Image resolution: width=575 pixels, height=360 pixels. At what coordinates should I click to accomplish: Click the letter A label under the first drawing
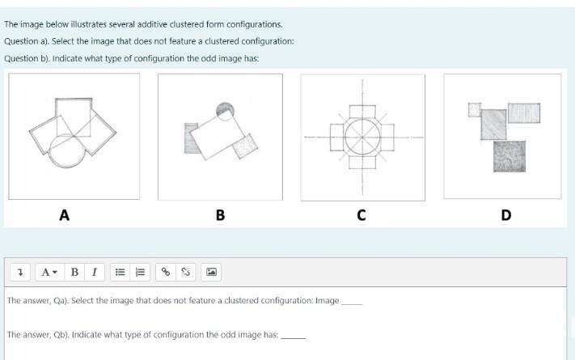(x=64, y=215)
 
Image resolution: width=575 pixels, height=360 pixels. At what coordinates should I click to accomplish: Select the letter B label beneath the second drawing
(x=220, y=215)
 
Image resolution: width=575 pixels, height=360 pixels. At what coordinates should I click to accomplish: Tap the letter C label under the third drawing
(x=361, y=215)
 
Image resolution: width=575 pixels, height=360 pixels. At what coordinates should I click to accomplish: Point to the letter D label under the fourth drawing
(x=505, y=215)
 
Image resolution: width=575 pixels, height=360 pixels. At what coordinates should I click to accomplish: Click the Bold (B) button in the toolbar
(x=74, y=272)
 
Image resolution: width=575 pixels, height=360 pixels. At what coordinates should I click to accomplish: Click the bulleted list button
(x=119, y=272)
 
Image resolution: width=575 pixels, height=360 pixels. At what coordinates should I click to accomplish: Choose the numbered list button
(x=138, y=272)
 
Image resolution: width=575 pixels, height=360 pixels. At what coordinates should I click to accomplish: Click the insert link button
(x=166, y=272)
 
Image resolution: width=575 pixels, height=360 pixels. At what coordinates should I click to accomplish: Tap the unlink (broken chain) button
(x=185, y=272)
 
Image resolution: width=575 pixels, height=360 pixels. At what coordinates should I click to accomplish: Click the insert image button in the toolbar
(x=211, y=272)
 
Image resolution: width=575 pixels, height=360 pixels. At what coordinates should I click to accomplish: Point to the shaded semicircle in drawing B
(x=226, y=109)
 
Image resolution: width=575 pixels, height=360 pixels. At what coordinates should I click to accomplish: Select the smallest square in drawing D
(x=475, y=108)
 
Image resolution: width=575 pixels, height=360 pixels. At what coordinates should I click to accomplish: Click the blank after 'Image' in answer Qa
(x=352, y=301)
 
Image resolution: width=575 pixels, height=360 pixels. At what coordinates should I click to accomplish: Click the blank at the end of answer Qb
(x=293, y=334)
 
